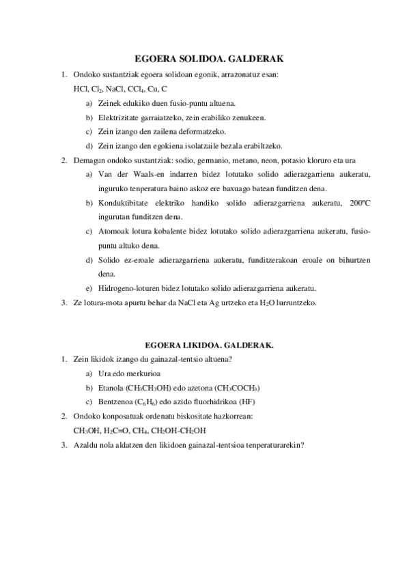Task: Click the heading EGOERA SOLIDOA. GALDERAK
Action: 204,59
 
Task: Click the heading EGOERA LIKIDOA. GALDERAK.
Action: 205,345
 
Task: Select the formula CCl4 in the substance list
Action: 136,89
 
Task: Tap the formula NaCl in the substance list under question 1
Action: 111,89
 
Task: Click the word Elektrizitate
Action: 120,117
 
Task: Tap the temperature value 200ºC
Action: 358,203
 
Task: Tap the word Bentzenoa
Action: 118,401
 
